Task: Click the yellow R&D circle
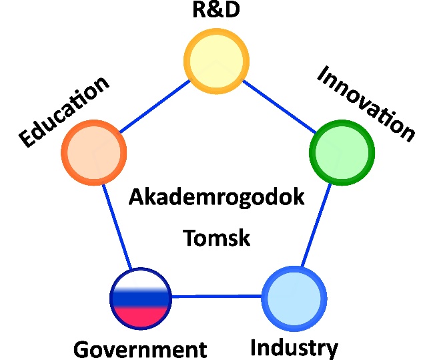(x=216, y=61)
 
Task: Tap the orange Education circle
(x=93, y=152)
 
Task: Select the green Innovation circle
(x=342, y=152)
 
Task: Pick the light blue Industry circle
(x=294, y=299)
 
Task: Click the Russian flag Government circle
(x=141, y=299)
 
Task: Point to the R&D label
(x=216, y=9)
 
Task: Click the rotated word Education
(x=64, y=112)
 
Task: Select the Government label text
(x=140, y=349)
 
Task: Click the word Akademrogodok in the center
(x=216, y=197)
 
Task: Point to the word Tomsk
(x=216, y=238)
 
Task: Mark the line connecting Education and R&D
(x=155, y=107)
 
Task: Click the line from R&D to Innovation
(x=280, y=107)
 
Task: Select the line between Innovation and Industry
(x=316, y=225)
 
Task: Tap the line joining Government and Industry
(x=217, y=297)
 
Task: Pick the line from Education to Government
(x=117, y=226)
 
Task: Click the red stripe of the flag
(x=141, y=317)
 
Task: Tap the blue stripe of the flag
(x=141, y=299)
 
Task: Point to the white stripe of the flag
(x=141, y=280)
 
